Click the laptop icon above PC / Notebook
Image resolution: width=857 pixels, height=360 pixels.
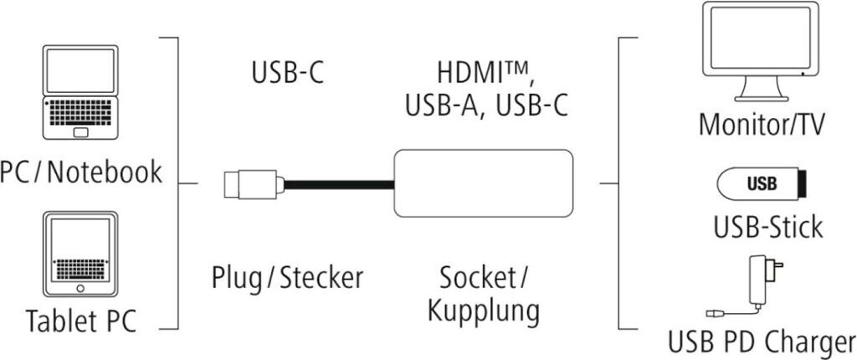click(x=81, y=92)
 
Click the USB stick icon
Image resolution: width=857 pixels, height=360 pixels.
click(x=761, y=184)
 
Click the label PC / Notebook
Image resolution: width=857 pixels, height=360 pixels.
click(x=81, y=172)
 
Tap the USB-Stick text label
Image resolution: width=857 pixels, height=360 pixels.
click(x=763, y=225)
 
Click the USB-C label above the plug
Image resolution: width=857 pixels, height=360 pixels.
click(x=287, y=73)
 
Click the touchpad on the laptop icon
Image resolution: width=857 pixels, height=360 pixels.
click(x=81, y=132)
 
